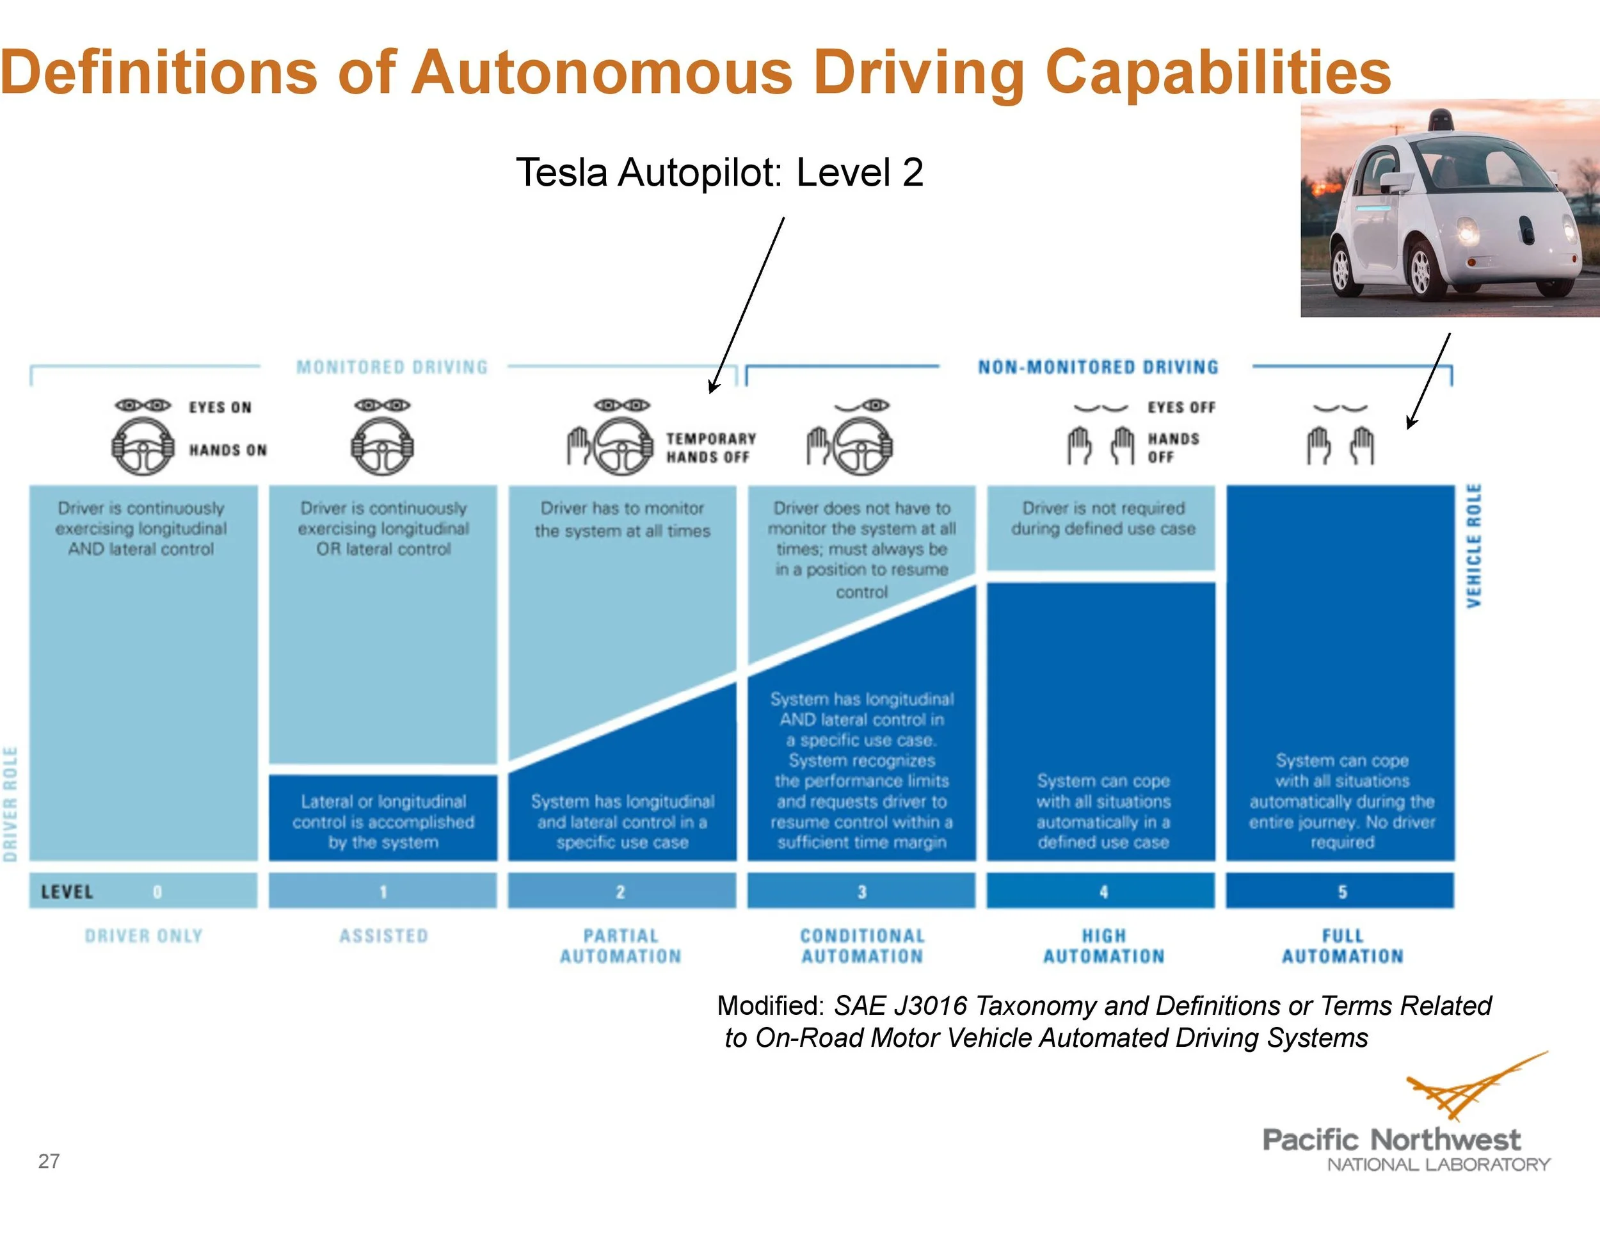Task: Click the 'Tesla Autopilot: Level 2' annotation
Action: click(719, 172)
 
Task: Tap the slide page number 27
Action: click(49, 1161)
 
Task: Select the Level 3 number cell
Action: click(861, 891)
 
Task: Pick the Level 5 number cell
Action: click(1341, 891)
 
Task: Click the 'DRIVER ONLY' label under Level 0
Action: click(143, 936)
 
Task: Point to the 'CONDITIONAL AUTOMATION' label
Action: click(862, 946)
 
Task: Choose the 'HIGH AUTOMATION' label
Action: click(1103, 946)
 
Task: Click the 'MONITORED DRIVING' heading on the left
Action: click(392, 367)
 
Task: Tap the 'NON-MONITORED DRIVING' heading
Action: click(1098, 367)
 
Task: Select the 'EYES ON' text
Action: click(220, 407)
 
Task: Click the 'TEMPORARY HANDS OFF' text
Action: click(710, 448)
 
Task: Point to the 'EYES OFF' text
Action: click(1181, 407)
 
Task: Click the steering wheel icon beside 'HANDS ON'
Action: click(143, 446)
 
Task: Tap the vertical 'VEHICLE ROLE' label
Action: click(1474, 546)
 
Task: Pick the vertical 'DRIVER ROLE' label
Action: click(10, 804)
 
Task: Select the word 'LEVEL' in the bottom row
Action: click(67, 892)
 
